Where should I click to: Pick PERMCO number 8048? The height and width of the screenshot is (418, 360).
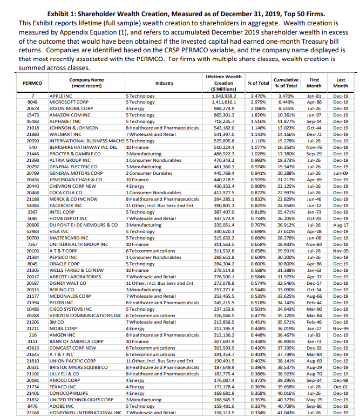32,101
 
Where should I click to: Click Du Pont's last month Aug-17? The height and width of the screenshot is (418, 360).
341,225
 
